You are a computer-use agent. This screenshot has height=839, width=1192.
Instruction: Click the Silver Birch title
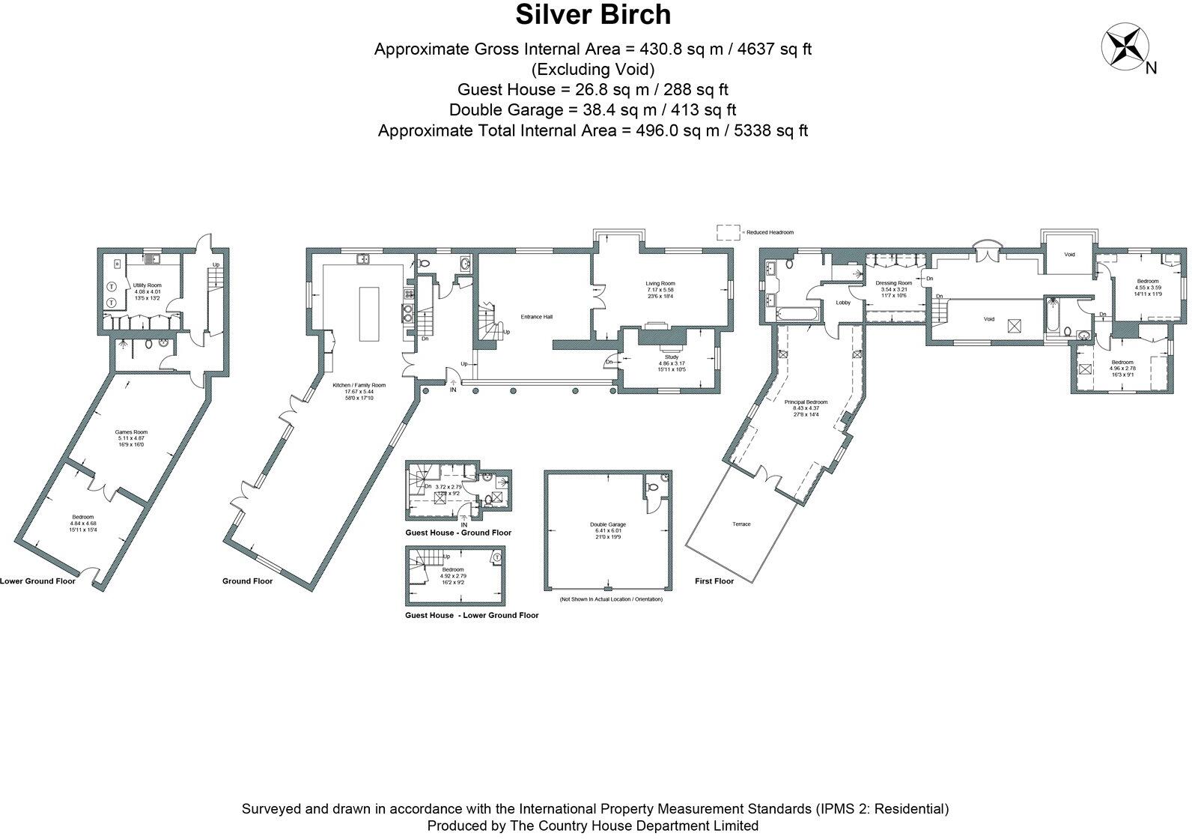[593, 15]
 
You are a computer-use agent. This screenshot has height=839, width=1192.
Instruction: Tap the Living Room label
[660, 284]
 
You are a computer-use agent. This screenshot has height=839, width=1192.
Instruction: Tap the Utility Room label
[148, 285]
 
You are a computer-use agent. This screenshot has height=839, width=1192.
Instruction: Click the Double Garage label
[607, 525]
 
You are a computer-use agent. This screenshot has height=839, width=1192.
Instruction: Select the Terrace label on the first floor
[741, 524]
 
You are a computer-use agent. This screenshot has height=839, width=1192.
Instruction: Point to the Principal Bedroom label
[806, 402]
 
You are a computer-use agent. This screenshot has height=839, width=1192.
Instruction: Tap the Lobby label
[843, 303]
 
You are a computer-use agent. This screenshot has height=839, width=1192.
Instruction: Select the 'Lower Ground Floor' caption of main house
[37, 581]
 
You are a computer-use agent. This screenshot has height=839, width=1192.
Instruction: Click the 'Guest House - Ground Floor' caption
[458, 533]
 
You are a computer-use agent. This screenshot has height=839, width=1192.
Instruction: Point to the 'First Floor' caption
[714, 581]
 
